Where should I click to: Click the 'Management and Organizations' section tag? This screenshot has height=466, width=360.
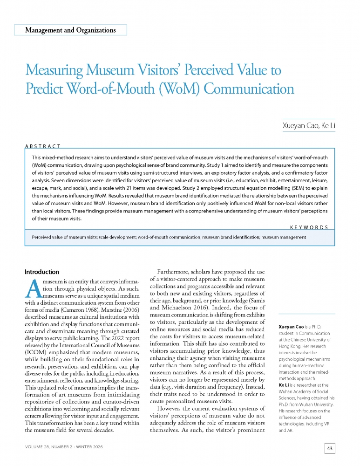click(70, 30)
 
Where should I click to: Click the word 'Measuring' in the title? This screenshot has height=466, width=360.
click(54, 71)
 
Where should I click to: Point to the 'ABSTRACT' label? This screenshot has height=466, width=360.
click(42, 147)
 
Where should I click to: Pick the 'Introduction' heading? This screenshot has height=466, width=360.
click(42, 272)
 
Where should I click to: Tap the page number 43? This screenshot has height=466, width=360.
click(330, 449)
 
